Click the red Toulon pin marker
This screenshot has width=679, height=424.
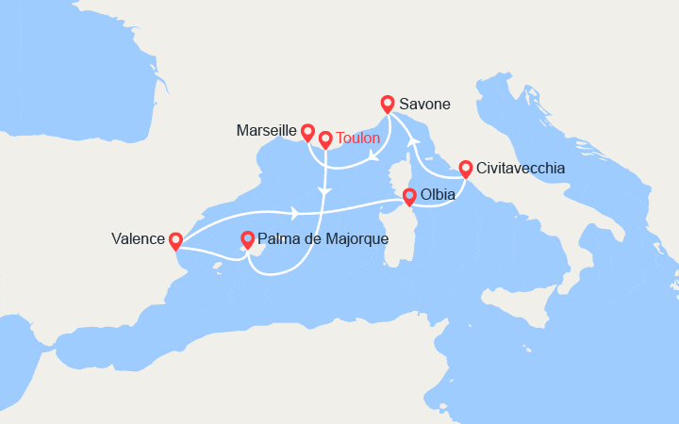point(325,139)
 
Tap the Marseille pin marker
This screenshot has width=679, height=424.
point(307,131)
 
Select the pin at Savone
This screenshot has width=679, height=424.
point(387,104)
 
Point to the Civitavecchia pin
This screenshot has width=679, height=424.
point(465,169)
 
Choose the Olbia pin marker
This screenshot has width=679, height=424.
point(409,196)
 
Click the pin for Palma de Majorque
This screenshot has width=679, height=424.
point(247,239)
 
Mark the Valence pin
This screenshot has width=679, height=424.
point(174,241)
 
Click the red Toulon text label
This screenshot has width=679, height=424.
point(358,138)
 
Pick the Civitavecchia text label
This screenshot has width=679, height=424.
point(522,169)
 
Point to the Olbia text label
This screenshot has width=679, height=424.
point(439,195)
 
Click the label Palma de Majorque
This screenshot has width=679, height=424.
point(323,239)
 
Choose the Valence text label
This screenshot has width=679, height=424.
point(136,240)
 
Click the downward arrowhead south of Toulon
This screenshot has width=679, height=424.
point(325,192)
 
